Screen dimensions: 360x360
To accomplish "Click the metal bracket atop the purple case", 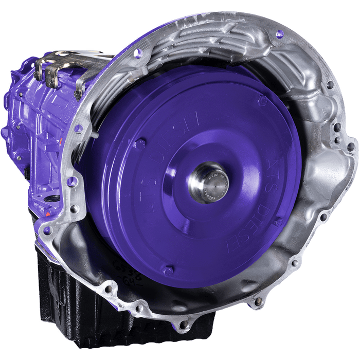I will point(57,72).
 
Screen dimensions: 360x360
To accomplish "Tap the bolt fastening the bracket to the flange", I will point(78,94).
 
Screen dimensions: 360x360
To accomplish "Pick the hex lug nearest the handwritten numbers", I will point(167,269).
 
